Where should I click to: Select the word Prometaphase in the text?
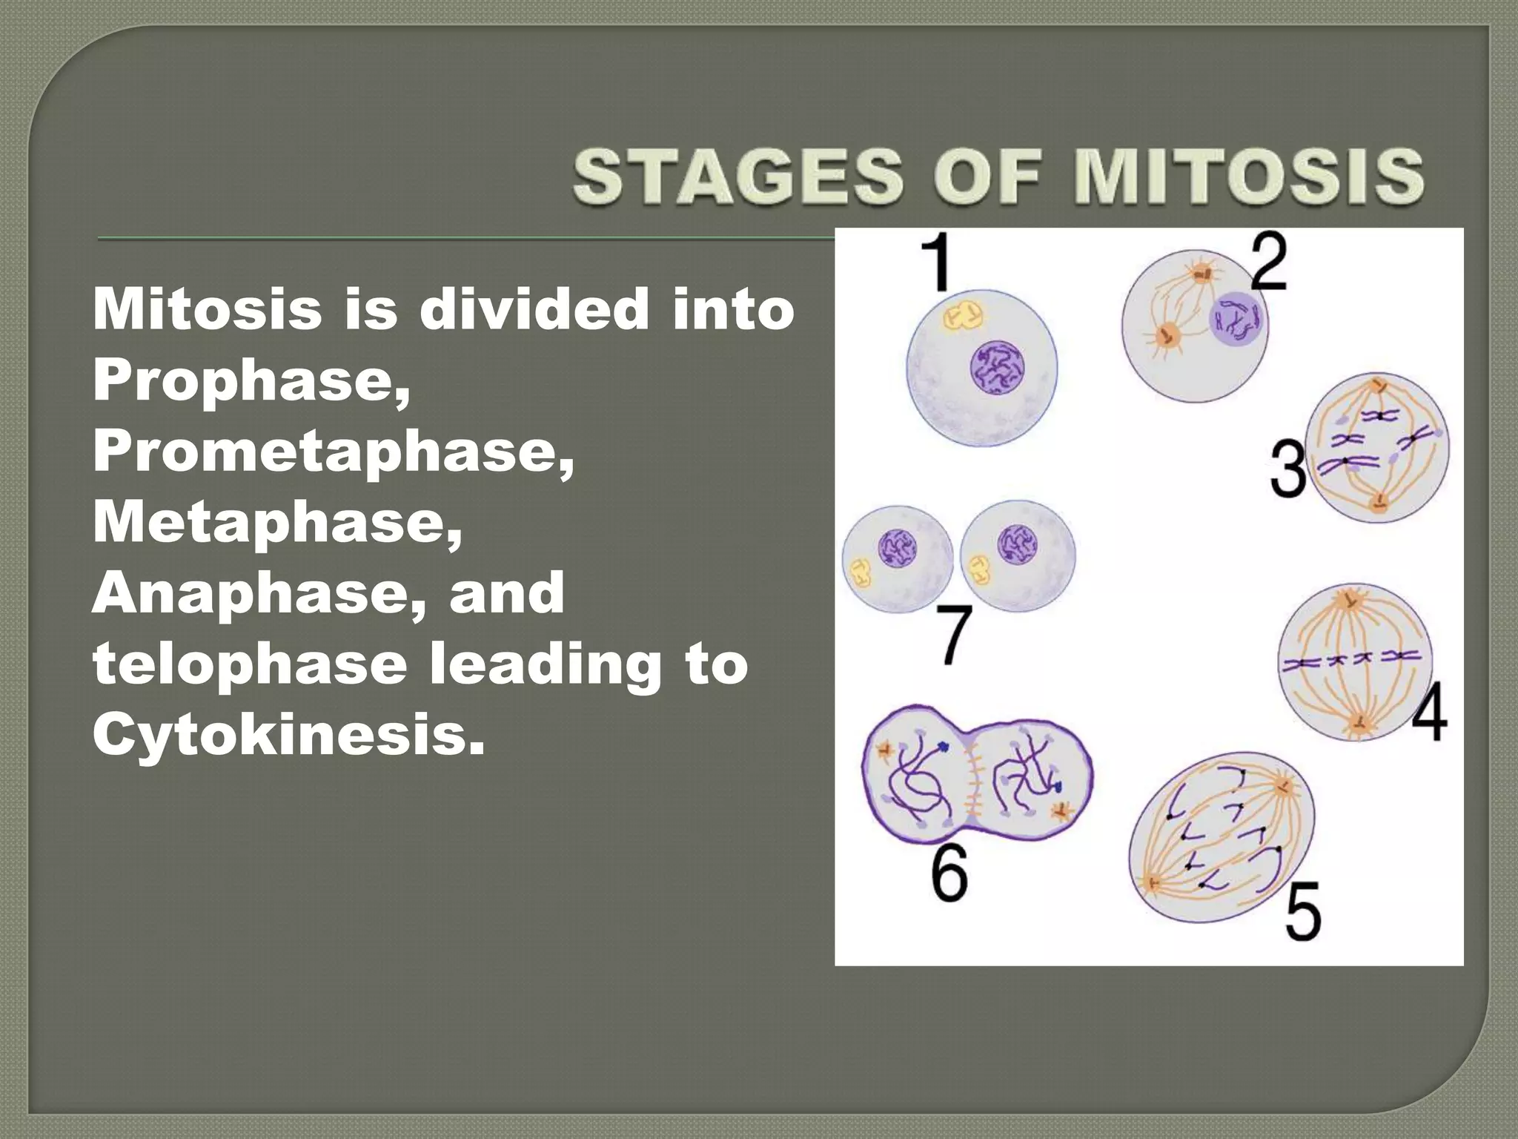pos(334,452)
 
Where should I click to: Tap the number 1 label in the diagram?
pos(938,263)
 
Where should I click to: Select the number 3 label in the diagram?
pos(1287,469)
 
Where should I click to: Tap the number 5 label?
pos(1303,910)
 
